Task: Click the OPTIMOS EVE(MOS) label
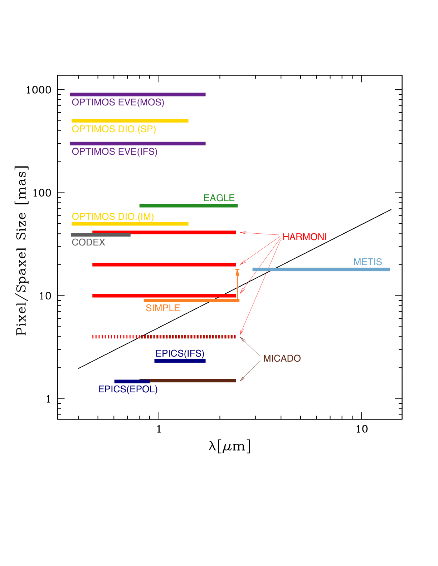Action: point(118,103)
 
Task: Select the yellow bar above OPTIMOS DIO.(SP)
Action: point(130,121)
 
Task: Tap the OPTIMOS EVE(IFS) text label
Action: point(115,152)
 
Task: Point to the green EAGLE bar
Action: point(188,205)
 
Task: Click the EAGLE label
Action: point(219,198)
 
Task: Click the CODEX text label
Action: point(88,243)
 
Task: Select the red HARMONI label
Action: point(305,237)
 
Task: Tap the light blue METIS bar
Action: point(321,269)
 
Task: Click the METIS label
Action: point(368,262)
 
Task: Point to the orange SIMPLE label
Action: point(163,308)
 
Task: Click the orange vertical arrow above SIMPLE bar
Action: point(237,284)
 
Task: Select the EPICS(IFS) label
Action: point(180,353)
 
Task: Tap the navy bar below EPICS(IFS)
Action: point(180,361)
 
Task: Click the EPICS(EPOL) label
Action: point(128,389)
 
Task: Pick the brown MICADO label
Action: point(282,358)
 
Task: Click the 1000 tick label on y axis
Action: point(39,90)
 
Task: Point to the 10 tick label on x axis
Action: point(362,429)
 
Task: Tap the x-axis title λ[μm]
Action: point(229,446)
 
